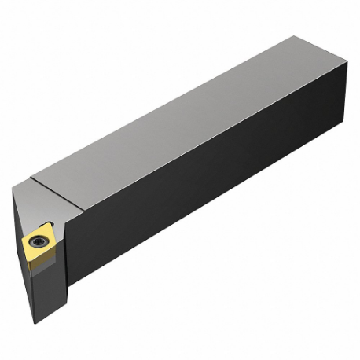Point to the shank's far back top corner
click(296, 37)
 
